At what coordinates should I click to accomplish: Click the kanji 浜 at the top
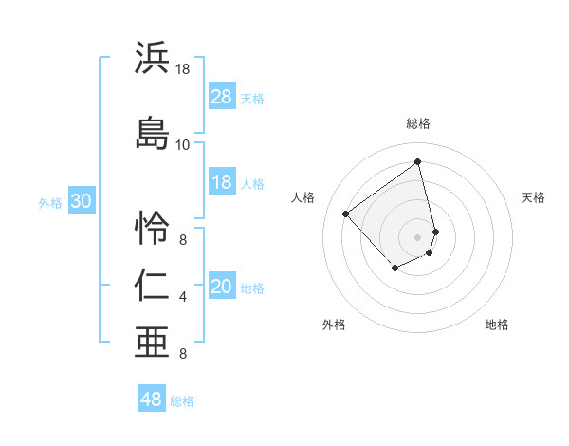pos(153,58)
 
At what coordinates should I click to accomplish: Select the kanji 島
pos(153,134)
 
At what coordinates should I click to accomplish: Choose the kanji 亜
pos(153,342)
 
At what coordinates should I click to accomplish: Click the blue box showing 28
pos(222,98)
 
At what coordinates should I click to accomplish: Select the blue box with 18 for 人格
pos(222,183)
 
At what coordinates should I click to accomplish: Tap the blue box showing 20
pos(222,288)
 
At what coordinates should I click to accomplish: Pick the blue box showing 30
pos(81,202)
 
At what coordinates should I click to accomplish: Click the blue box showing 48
pos(152,400)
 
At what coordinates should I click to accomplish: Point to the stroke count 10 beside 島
pos(182,145)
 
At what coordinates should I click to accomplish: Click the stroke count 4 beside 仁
pos(183,298)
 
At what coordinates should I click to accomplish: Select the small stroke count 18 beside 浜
pos(182,69)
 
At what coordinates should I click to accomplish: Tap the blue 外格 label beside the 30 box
pos(50,203)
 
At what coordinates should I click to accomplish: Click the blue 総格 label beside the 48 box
pos(182,401)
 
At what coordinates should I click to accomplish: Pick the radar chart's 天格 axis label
pos(533,197)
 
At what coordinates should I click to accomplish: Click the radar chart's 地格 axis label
pos(497,325)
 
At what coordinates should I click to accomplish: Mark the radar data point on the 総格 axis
pos(417,161)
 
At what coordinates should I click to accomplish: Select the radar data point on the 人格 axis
pos(346,214)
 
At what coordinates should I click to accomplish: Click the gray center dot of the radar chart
pos(417,236)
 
